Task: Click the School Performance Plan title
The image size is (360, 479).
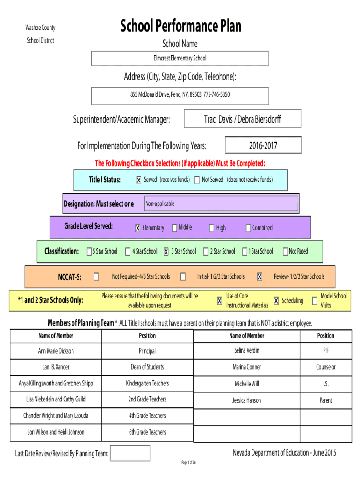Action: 180,26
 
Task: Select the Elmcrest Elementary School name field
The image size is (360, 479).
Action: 180,58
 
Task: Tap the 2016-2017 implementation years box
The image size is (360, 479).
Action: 263,145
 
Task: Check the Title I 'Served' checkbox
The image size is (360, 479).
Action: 139,180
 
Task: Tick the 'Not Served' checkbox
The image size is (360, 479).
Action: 197,180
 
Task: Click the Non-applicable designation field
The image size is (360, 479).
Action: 221,203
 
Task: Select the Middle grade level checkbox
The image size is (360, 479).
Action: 175,228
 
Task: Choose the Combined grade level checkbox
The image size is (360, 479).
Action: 248,228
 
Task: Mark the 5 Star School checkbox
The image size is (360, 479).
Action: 89,251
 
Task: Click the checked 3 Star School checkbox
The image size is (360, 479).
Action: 166,251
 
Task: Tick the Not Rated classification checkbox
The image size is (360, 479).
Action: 285,251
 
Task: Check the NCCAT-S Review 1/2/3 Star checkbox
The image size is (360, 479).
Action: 259,277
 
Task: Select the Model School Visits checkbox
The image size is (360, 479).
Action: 315,301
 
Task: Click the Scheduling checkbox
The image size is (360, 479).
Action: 276,301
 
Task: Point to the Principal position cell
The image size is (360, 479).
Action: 147,351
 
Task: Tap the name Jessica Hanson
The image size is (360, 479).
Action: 247,400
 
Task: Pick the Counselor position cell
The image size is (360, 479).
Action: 326,367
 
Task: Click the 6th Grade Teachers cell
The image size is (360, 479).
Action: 147,432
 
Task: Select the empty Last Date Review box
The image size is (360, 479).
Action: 130,453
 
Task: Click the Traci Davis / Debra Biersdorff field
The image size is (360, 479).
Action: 243,119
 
